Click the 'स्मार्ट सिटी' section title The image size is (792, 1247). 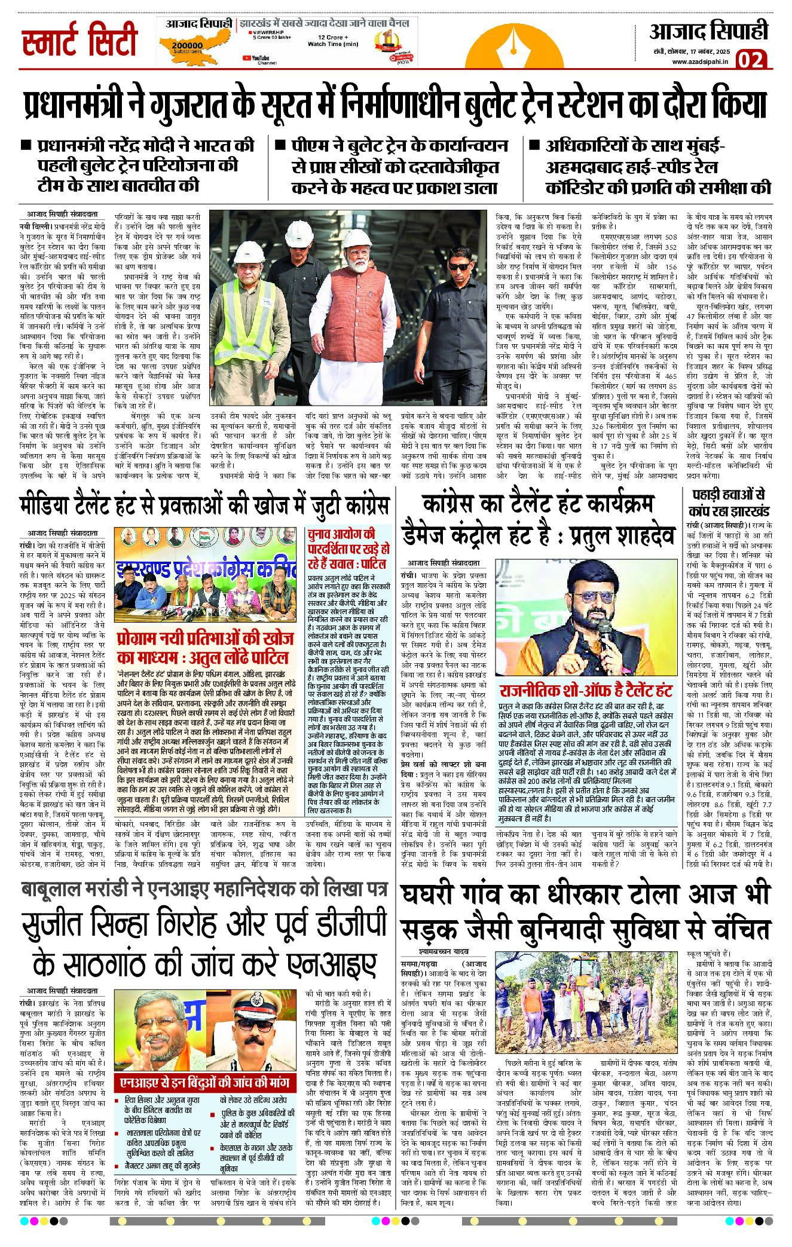[x=79, y=40]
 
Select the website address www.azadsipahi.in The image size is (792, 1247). [x=700, y=62]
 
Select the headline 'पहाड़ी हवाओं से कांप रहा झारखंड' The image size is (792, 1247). [x=729, y=503]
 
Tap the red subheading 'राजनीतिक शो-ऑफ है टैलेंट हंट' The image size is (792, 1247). [x=586, y=691]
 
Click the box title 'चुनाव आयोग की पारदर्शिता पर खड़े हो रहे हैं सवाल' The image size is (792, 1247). [x=348, y=548]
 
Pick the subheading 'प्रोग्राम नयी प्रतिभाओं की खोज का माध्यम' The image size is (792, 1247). [x=205, y=647]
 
